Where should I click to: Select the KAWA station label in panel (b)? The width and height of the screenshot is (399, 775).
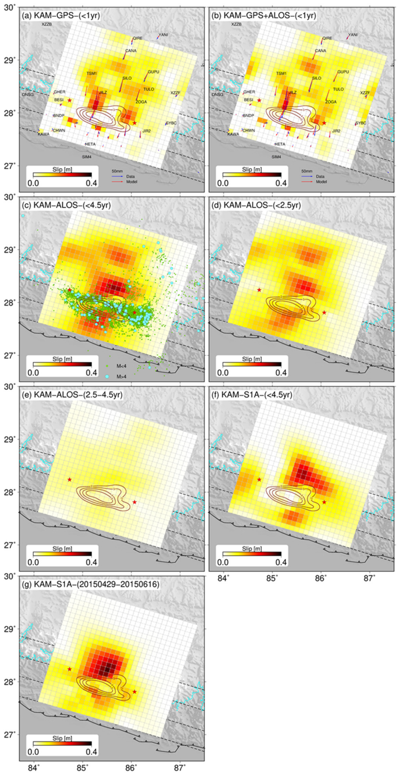coord(233,134)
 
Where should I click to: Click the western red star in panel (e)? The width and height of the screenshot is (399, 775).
coord(69,479)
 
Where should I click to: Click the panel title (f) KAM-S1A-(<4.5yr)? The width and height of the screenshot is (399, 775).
coord(257,395)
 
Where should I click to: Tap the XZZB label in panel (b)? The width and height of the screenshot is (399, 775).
coord(236,24)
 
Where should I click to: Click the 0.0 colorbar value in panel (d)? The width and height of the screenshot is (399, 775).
coord(223,372)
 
